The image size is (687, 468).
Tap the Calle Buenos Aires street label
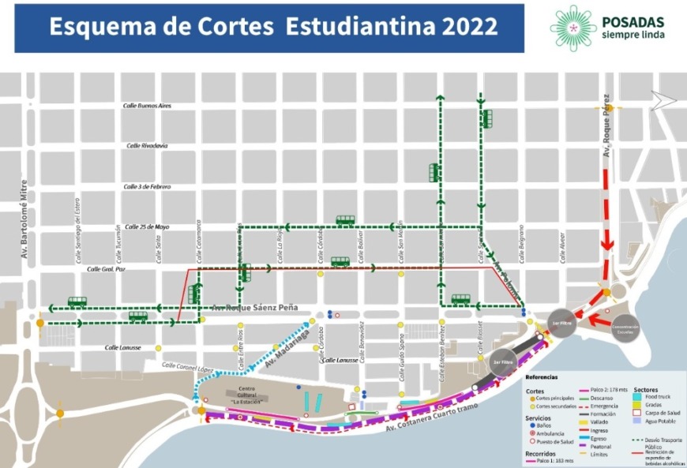click(x=148, y=105)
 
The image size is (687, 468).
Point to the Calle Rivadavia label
click(x=147, y=145)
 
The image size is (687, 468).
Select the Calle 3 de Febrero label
click(x=148, y=186)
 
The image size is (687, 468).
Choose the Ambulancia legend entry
click(x=548, y=433)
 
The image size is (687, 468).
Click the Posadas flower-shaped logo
click(x=572, y=26)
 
